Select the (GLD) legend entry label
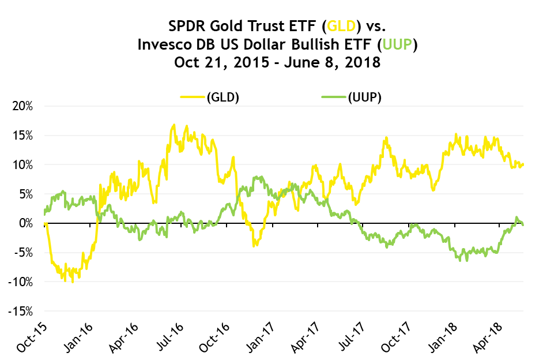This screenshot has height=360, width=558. click(223, 97)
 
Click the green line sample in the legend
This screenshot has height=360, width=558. click(334, 97)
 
